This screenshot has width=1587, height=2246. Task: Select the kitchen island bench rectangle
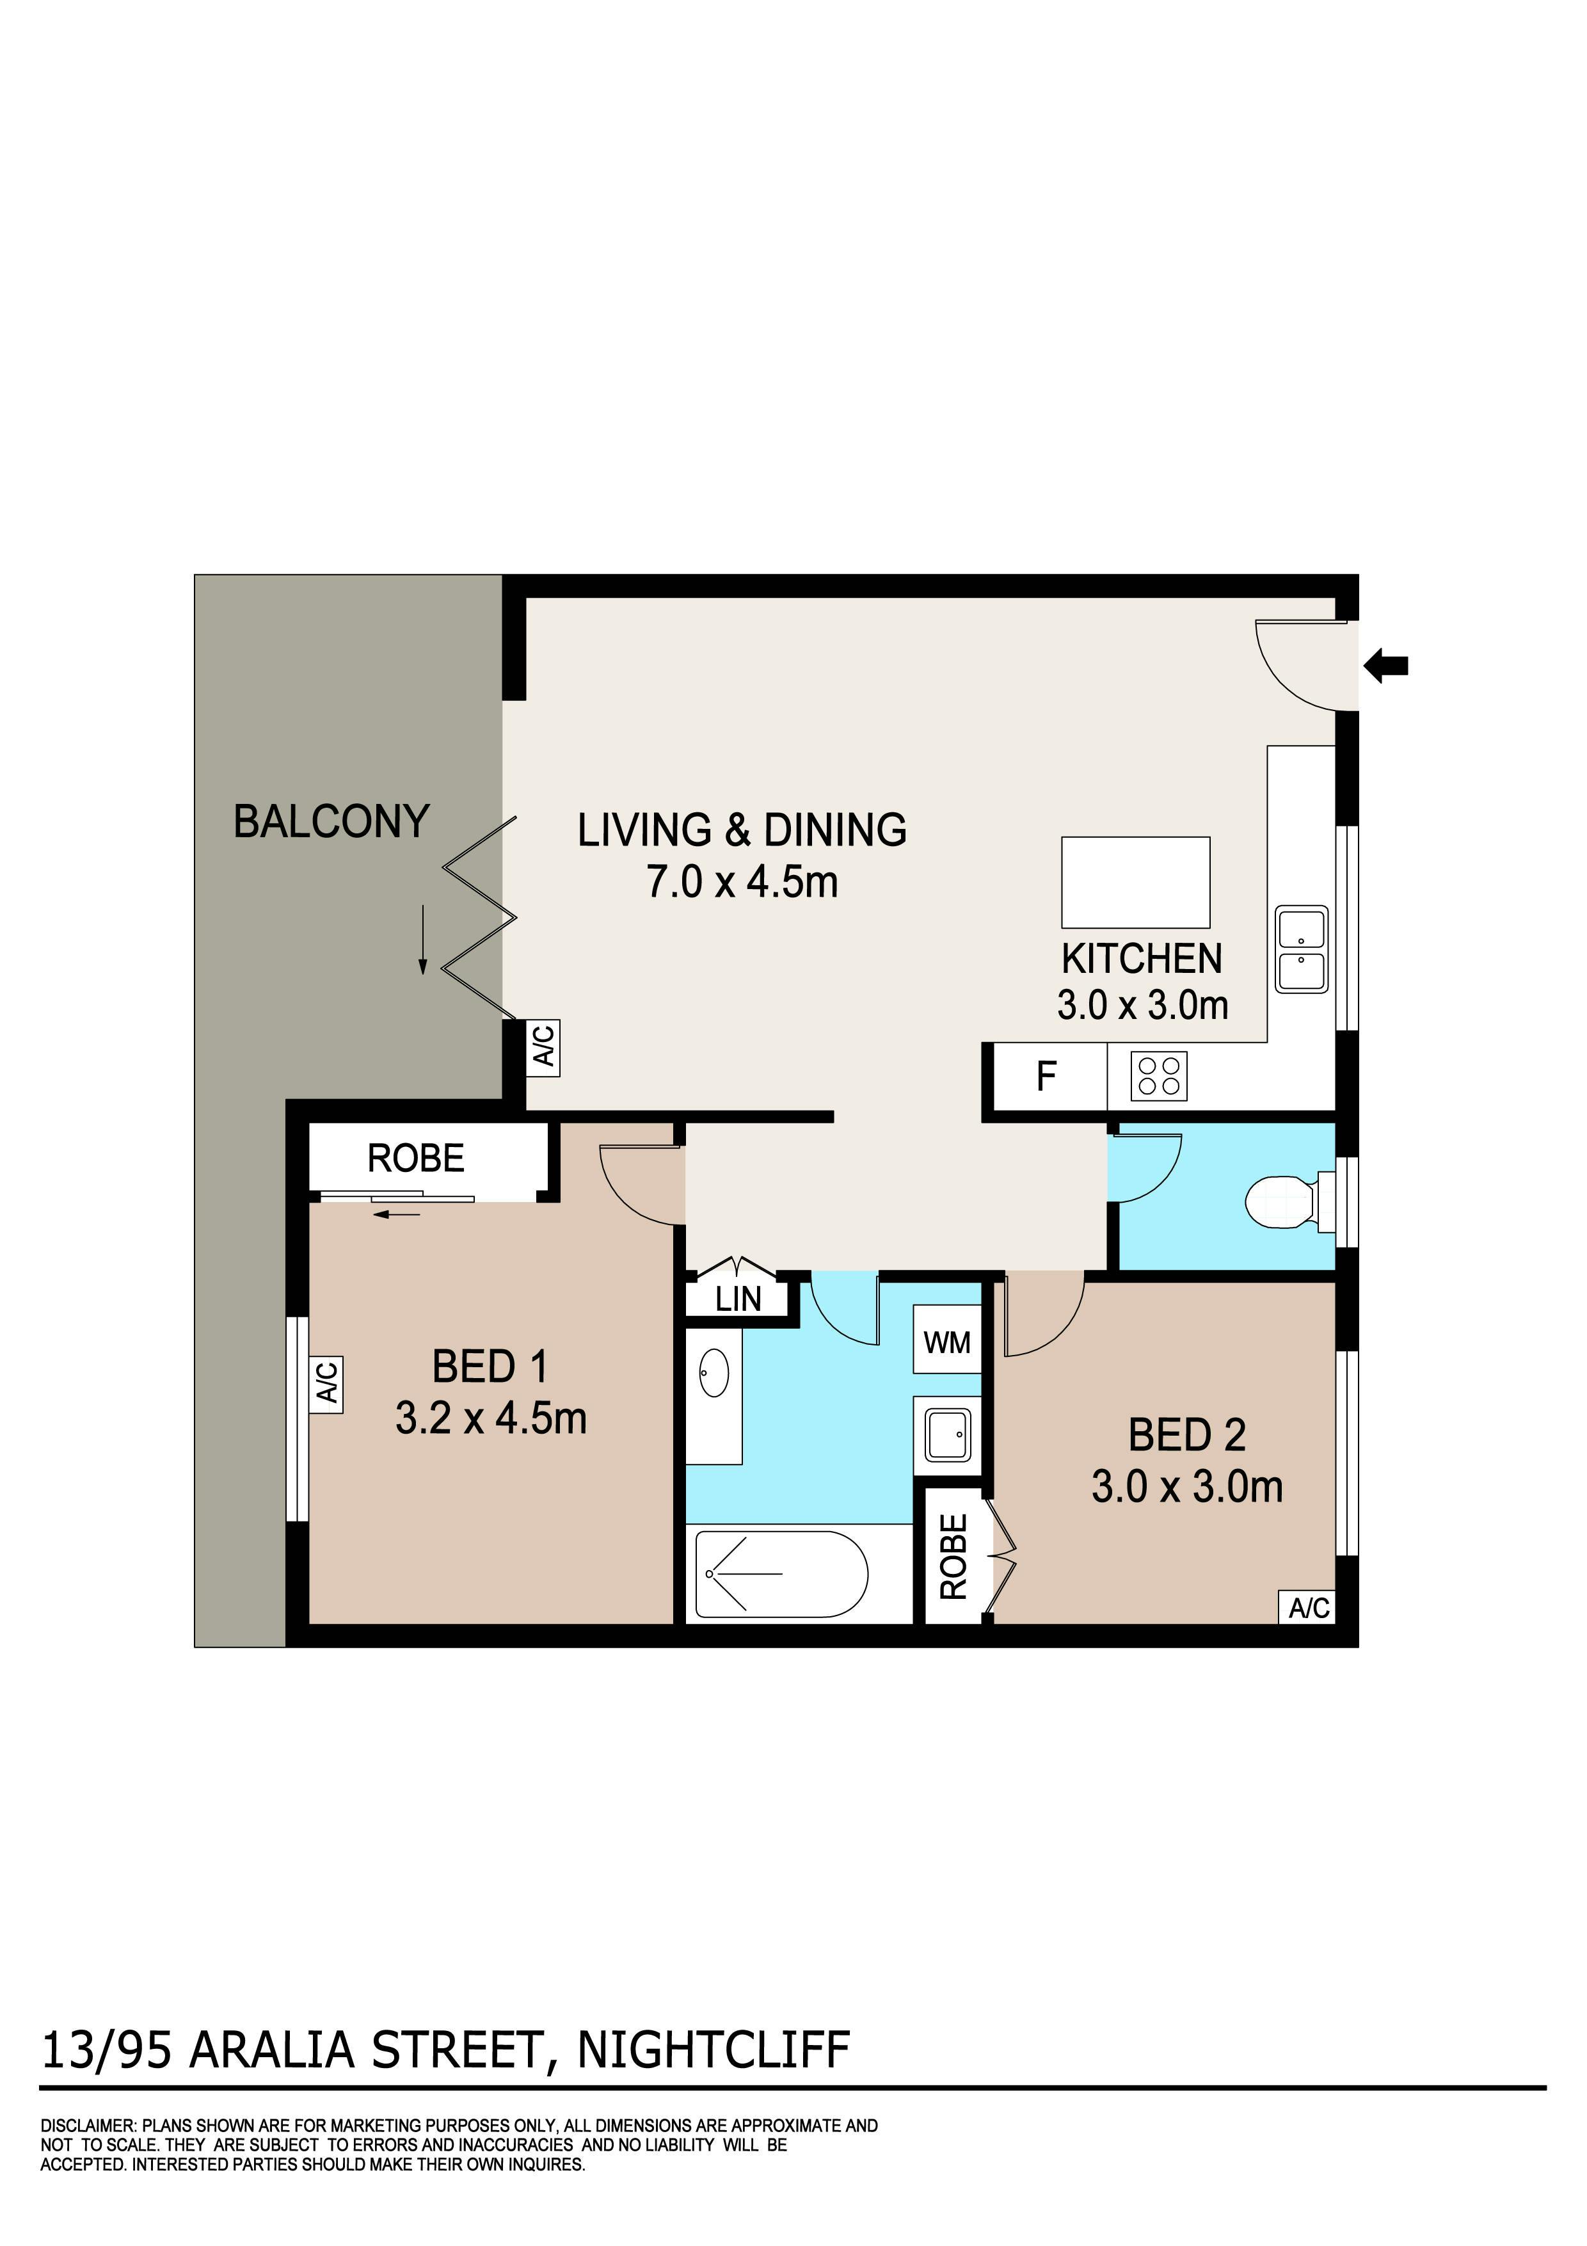click(1135, 881)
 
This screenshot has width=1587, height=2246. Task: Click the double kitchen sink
click(1302, 948)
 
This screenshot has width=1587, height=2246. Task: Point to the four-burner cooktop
click(1159, 1076)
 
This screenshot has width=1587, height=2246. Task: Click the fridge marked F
click(1045, 1076)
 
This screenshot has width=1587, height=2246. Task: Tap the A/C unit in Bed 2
click(1309, 1607)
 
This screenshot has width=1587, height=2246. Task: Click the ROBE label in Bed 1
click(415, 1159)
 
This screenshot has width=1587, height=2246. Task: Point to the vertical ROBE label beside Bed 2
click(953, 1557)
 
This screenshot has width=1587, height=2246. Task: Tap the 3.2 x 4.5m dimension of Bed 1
click(491, 1418)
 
